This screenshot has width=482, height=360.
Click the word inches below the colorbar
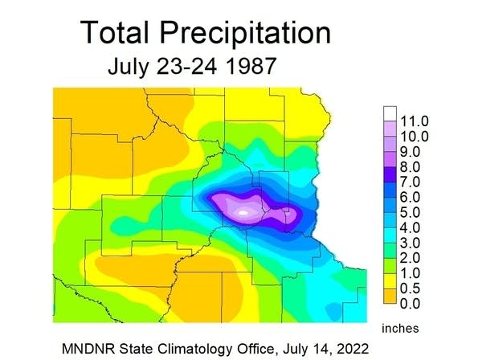pyautogui.click(x=400, y=328)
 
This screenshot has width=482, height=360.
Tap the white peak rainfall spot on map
pyautogui.click(x=244, y=212)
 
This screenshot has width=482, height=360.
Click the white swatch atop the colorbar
pyautogui.click(x=390, y=113)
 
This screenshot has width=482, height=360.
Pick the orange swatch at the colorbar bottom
pyautogui.click(x=390, y=303)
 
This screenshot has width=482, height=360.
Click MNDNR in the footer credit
pyautogui.click(x=90, y=348)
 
